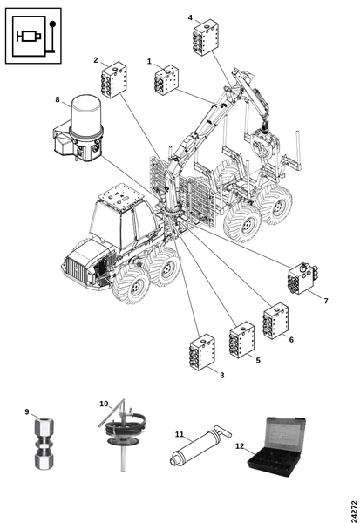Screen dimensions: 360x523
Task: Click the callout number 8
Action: click(58, 99)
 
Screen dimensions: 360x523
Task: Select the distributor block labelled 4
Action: click(205, 37)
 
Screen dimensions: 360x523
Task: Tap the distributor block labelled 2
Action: click(114, 79)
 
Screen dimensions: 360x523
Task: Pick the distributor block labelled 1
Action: click(166, 80)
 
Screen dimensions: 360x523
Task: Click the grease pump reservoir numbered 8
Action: click(79, 129)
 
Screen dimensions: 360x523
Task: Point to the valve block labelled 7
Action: click(302, 278)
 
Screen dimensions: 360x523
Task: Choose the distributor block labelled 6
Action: click(275, 321)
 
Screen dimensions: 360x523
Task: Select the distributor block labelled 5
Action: click(242, 340)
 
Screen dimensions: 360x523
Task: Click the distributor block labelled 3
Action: click(202, 352)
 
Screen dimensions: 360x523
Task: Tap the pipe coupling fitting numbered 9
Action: click(44, 444)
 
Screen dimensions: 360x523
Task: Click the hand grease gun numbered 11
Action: click(200, 445)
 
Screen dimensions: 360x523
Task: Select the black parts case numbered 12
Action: click(277, 446)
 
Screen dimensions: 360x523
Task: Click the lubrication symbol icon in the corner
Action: click(33, 36)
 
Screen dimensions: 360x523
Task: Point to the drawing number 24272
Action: click(354, 511)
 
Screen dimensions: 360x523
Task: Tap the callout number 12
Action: click(240, 446)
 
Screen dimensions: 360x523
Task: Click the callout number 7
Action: click(326, 301)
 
